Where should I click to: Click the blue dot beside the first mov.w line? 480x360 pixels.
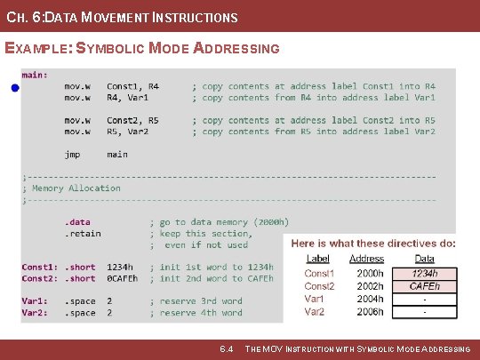15,89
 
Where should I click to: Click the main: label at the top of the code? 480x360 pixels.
35,76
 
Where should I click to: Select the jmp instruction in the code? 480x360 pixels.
72,155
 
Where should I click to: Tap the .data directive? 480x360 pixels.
77,222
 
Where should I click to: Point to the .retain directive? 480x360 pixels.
83,234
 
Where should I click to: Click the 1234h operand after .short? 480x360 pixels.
120,268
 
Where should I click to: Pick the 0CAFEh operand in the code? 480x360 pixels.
122,279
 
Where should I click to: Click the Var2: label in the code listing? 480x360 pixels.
36,313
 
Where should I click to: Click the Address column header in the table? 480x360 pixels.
367,259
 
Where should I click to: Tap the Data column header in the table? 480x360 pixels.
424,259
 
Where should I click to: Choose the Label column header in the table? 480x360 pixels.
317,259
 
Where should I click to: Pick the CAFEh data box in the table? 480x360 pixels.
424,286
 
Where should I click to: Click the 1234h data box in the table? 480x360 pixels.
424,274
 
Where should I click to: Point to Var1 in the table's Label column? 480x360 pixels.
316,300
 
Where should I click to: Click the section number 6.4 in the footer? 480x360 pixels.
226,349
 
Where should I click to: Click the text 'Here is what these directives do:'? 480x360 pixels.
373,243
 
